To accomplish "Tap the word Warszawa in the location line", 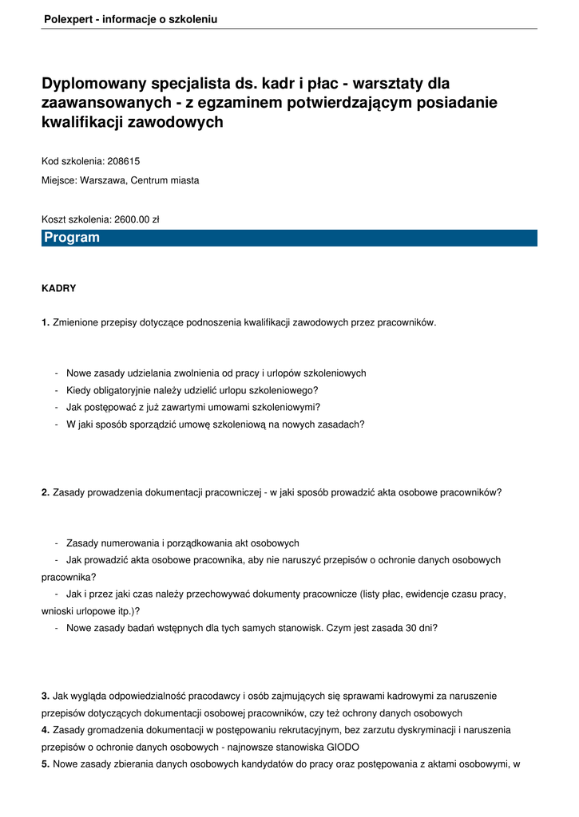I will point(103,180).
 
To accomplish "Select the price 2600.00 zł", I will point(137,219).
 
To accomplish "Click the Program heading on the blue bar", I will point(72,238).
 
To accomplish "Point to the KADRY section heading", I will point(58,288).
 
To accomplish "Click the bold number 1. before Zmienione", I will point(46,322).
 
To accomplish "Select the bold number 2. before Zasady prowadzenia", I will point(46,492).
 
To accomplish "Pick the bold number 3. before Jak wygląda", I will point(46,696).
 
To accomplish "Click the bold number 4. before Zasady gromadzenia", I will point(46,730).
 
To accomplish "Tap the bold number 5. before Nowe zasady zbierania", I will point(46,764).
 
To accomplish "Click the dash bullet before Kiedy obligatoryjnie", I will point(57,390).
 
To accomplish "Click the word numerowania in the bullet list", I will point(130,543).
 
